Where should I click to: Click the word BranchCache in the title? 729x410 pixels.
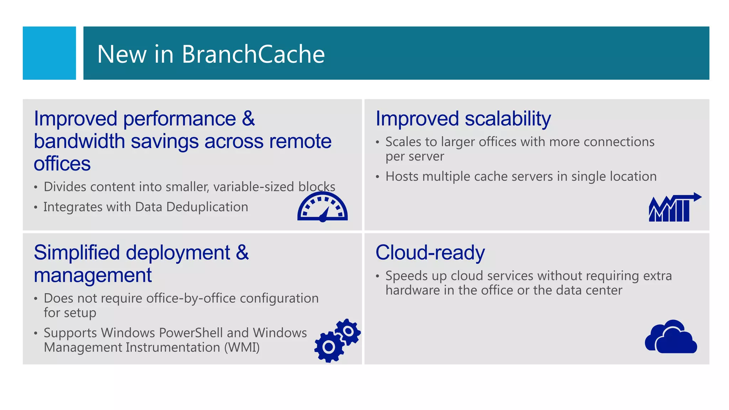253,54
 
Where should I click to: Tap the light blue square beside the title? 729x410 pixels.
49,53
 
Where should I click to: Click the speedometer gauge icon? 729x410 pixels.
322,207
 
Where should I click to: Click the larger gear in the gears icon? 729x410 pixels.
329,347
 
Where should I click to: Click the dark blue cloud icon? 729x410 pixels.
671,337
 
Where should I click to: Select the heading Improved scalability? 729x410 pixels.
463,119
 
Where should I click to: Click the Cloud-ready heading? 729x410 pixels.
430,253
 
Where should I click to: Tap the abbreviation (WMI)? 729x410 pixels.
242,347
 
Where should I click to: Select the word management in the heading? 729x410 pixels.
93,275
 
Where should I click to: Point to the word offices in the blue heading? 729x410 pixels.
62,164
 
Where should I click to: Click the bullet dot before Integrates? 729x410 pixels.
36,207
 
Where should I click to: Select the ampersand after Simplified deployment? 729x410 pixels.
242,253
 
